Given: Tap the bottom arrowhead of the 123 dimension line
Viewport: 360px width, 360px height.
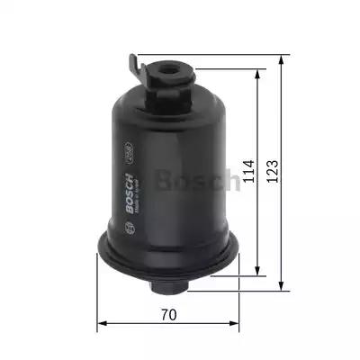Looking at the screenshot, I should click(x=283, y=292).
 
